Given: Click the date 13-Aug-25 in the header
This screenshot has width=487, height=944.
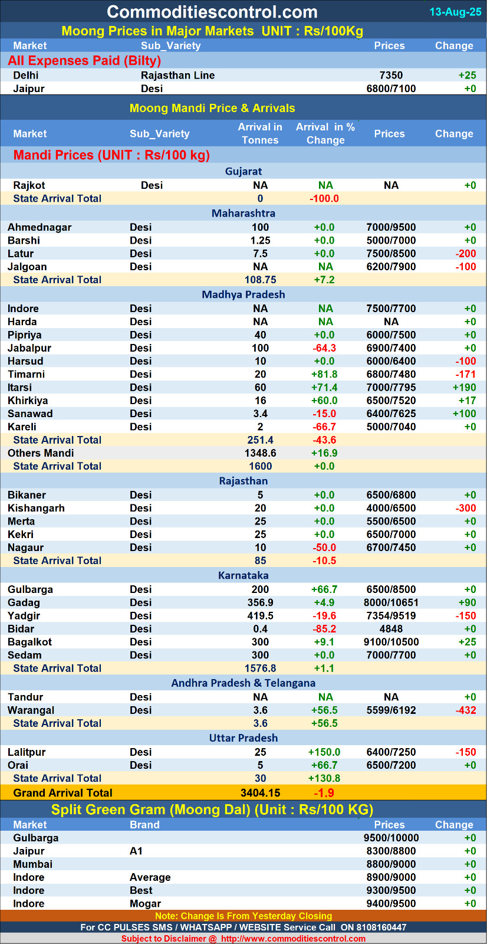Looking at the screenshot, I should tap(455, 12).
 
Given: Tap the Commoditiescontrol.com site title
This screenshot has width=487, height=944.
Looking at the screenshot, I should tap(212, 12).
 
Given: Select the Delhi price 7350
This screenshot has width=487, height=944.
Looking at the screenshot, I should tap(391, 75).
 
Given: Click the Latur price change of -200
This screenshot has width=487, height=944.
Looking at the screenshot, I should tap(465, 254).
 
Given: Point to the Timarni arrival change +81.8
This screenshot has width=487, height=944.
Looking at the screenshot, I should tap(324, 374).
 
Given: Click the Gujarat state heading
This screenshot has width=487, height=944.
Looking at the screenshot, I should tap(243, 171).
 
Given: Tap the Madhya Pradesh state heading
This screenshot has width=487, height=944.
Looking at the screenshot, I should tap(243, 294).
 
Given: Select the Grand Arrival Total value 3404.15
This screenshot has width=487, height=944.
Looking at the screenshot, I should tap(260, 793).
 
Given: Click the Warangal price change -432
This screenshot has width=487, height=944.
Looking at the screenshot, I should tap(465, 710).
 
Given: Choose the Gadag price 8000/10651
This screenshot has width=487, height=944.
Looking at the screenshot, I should tap(391, 602).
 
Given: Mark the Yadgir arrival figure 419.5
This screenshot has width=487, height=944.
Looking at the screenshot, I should tap(260, 616).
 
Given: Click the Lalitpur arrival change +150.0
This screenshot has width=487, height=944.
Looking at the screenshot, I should tap(324, 752).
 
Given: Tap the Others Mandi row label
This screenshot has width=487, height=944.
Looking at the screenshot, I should tap(41, 453).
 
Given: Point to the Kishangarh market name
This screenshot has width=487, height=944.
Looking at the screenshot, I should tap(36, 508).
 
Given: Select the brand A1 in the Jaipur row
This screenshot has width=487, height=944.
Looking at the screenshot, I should tap(136, 851).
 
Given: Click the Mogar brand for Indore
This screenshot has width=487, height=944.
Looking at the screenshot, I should tap(145, 903).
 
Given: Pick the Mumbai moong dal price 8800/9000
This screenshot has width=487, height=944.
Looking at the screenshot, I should tap(391, 864).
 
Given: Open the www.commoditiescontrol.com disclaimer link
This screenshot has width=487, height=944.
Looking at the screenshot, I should tap(293, 939).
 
